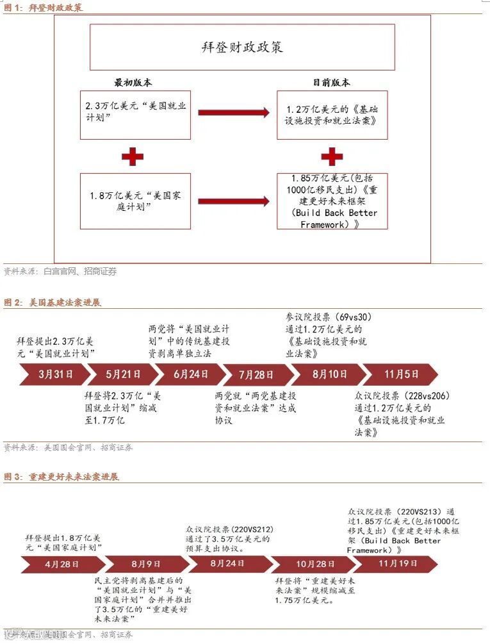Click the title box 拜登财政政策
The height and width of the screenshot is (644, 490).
pyautogui.click(x=242, y=47)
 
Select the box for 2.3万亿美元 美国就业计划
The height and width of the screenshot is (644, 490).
pyautogui.click(x=135, y=115)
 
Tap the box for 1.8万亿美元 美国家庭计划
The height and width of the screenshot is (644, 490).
pyautogui.click(x=135, y=201)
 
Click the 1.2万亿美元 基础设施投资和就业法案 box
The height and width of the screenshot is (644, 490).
pyautogui.click(x=332, y=115)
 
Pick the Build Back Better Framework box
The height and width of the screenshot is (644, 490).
pyautogui.click(x=332, y=201)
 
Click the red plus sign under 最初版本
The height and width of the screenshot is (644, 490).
pyautogui.click(x=132, y=156)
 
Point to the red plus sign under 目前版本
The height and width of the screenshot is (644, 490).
pyautogui.click(x=332, y=156)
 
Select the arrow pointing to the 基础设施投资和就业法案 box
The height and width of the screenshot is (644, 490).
pyautogui.click(x=234, y=113)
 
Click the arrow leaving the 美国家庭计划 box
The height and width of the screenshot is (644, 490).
pyautogui.click(x=234, y=201)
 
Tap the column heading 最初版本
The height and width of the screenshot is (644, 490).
pyautogui.click(x=133, y=83)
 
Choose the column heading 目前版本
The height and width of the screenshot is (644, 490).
pyautogui.click(x=332, y=83)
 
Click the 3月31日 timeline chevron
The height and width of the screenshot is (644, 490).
pyautogui.click(x=55, y=374)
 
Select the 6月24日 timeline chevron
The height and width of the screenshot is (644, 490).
pyautogui.click(x=191, y=374)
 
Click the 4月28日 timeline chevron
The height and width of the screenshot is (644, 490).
pyautogui.click(x=61, y=565)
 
